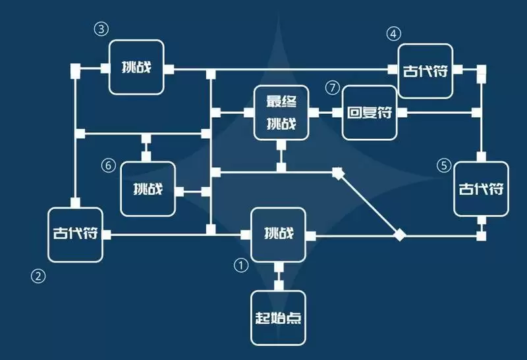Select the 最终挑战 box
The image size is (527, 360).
click(x=281, y=113)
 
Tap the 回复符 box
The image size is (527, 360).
click(x=369, y=113)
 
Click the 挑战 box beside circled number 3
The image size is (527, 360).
click(x=136, y=67)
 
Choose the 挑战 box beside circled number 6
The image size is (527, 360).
click(x=148, y=189)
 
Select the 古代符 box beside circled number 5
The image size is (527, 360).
click(x=481, y=189)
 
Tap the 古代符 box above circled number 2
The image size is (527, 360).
click(x=76, y=234)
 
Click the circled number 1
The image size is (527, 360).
click(x=241, y=265)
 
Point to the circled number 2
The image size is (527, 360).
click(x=38, y=276)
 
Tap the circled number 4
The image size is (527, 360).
click(x=393, y=33)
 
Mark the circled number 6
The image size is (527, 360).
click(x=109, y=165)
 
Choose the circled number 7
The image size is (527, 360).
click(x=331, y=87)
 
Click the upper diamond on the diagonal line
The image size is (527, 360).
click(x=338, y=173)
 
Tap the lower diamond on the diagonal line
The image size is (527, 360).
click(x=399, y=234)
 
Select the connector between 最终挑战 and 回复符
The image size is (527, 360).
click(x=325, y=113)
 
